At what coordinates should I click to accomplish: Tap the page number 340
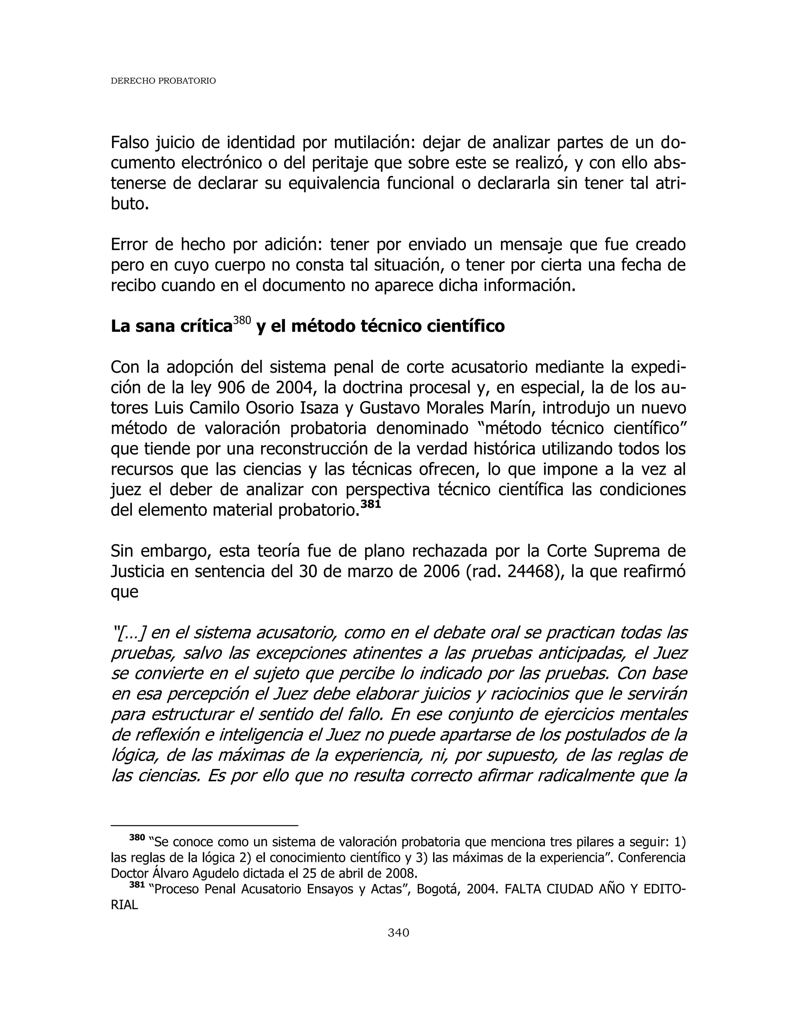398,932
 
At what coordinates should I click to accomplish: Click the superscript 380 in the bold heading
242,321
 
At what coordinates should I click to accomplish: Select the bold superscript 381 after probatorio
370,504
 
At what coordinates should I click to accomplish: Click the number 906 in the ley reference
232,388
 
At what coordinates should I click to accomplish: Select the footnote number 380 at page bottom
137,838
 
